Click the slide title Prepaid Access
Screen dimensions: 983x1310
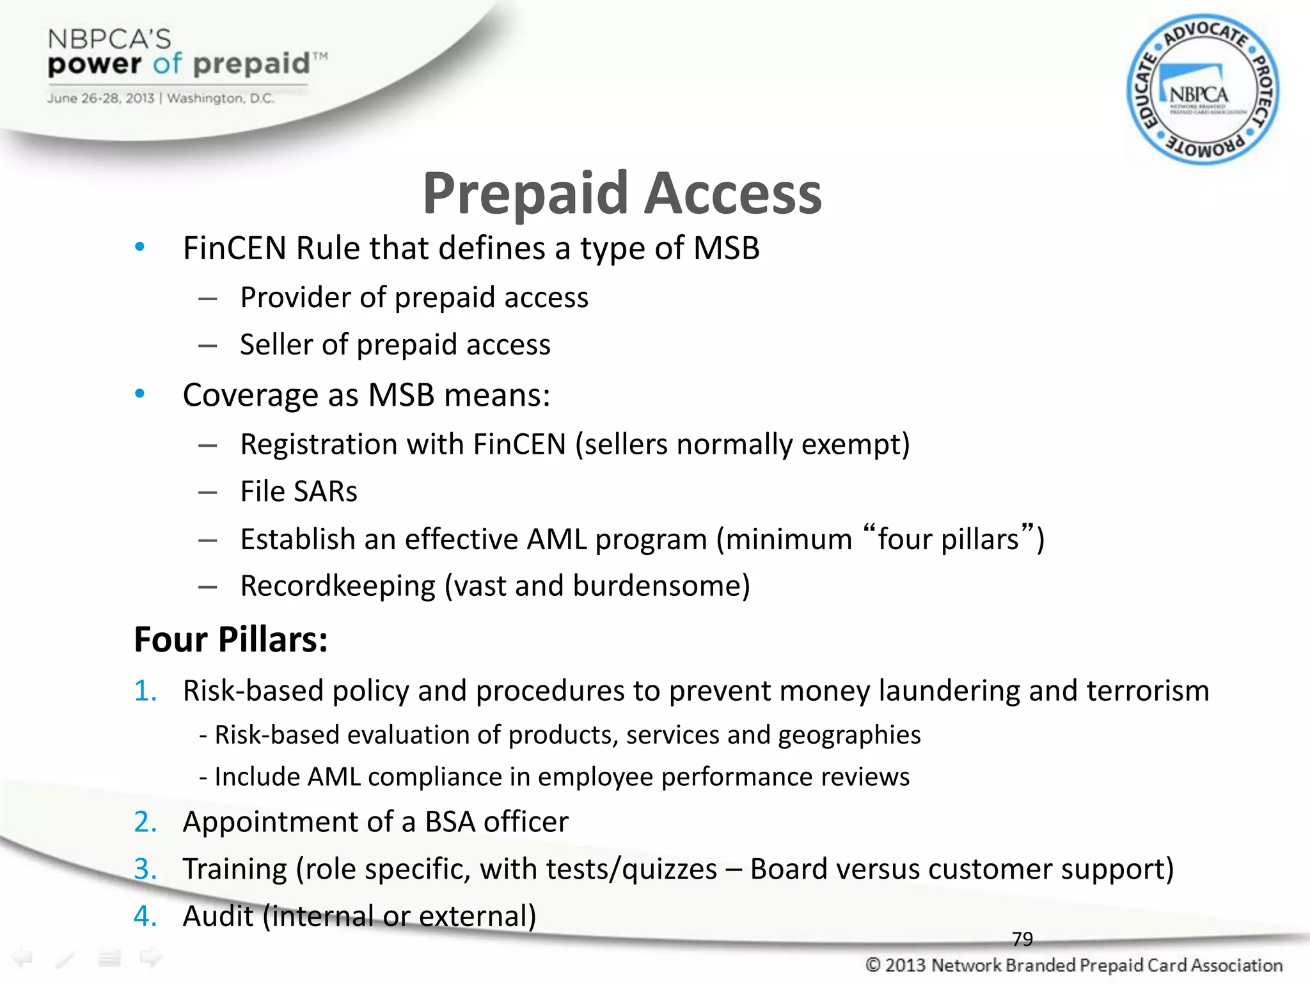pyautogui.click(x=622, y=193)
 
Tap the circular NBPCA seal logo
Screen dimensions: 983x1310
pyautogui.click(x=1203, y=90)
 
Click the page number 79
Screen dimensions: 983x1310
pyautogui.click(x=1022, y=939)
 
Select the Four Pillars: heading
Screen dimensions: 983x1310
pyautogui.click(x=231, y=639)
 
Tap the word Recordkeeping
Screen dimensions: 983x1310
pyautogui.click(x=338, y=586)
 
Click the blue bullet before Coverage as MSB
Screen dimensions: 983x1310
pyautogui.click(x=140, y=394)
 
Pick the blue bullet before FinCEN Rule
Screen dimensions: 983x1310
pyautogui.click(x=140, y=247)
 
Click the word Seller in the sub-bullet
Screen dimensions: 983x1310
pyautogui.click(x=276, y=345)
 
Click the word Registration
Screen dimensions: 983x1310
pyautogui.click(x=319, y=444)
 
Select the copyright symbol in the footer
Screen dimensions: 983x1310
pyautogui.click(x=872, y=965)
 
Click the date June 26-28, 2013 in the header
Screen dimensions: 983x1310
pyautogui.click(x=100, y=99)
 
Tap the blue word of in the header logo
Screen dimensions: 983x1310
pyautogui.click(x=168, y=63)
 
